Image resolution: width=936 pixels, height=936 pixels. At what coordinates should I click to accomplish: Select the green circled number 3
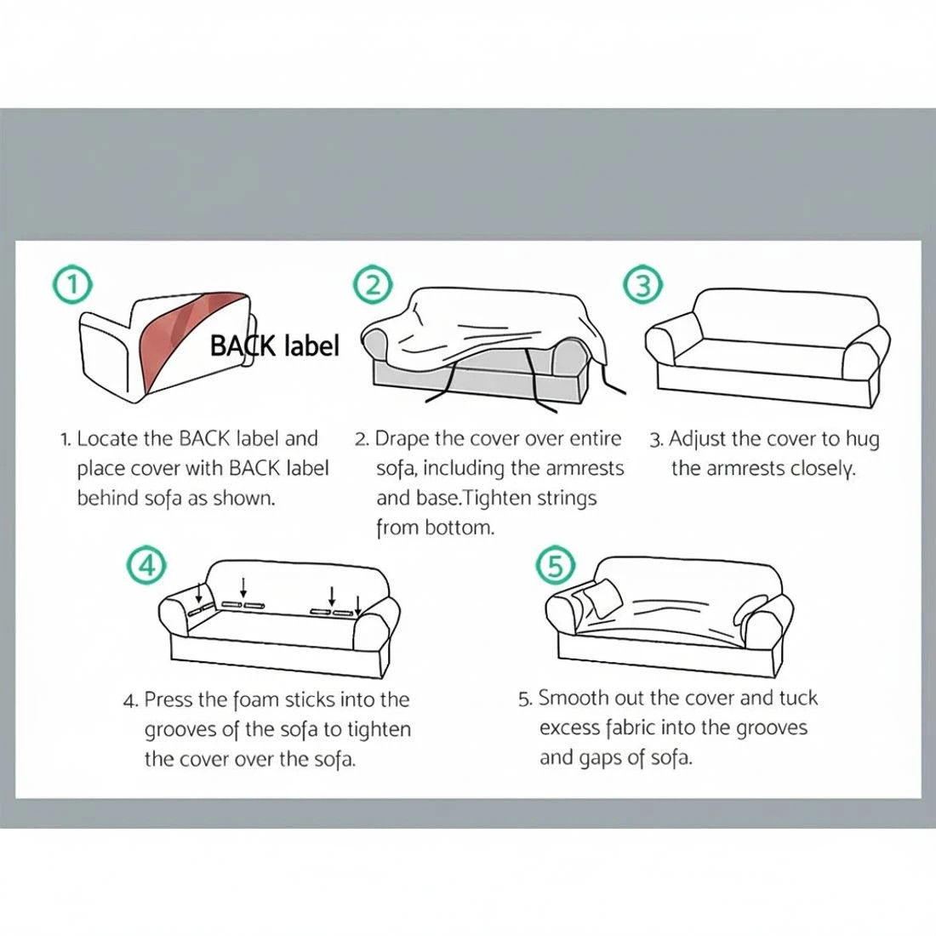(642, 285)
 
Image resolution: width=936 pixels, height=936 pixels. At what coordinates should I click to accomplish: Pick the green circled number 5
(556, 565)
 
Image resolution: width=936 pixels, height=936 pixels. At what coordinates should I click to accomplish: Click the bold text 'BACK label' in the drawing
(275, 345)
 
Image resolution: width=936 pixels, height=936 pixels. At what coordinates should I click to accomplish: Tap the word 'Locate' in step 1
(107, 439)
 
